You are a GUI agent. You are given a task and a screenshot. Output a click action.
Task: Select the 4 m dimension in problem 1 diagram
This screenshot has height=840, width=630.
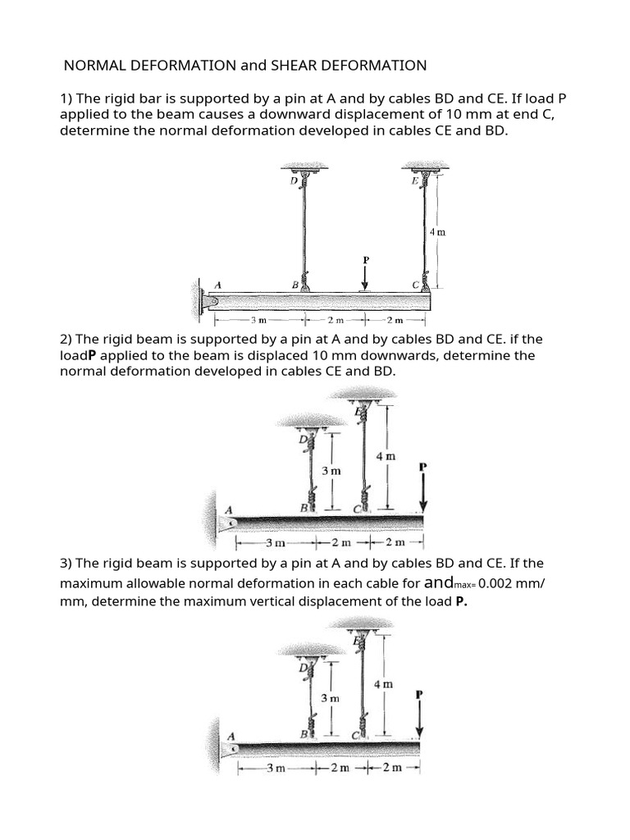(438, 232)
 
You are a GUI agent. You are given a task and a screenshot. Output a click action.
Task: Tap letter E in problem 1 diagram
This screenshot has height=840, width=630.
(415, 180)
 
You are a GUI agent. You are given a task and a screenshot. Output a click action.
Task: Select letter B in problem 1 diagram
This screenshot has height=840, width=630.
(294, 285)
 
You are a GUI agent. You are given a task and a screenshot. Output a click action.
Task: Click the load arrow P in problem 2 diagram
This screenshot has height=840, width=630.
(423, 491)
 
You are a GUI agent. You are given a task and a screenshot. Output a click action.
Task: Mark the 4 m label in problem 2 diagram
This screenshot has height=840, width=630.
(386, 456)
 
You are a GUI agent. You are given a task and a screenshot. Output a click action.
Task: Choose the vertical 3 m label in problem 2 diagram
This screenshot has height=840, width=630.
(331, 471)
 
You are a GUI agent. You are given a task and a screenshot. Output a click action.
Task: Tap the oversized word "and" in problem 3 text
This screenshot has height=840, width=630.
(443, 583)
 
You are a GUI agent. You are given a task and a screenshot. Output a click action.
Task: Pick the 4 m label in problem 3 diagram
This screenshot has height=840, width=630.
(383, 683)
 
